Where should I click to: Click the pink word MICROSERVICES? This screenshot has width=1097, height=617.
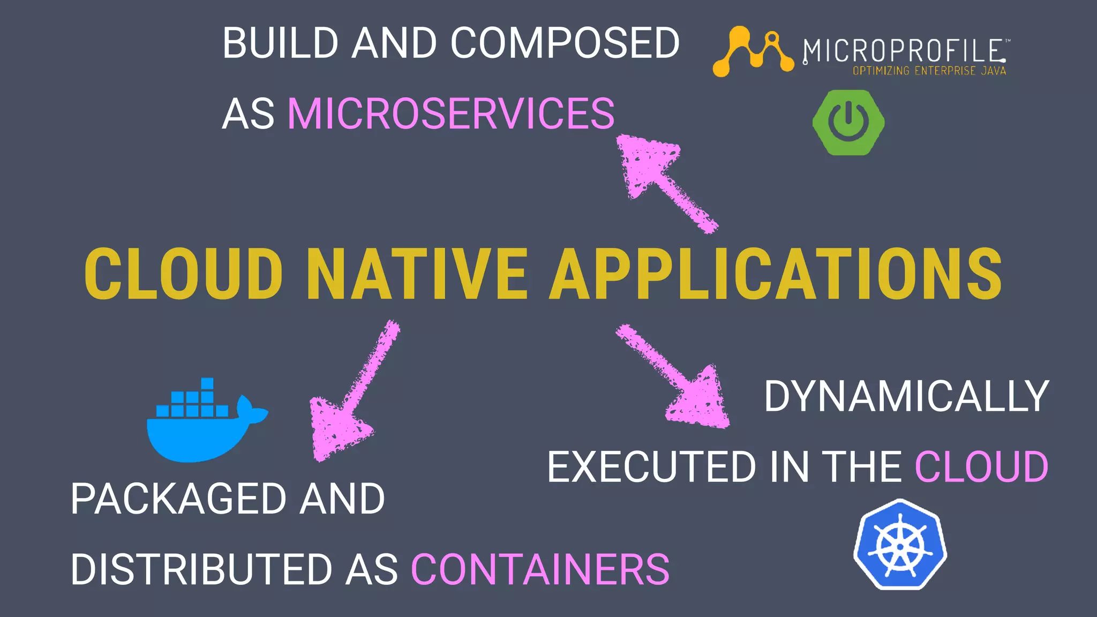pyautogui.click(x=451, y=114)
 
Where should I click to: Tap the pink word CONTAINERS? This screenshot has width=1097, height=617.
pyautogui.click(x=540, y=569)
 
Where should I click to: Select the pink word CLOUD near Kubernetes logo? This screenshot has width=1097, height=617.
pyautogui.click(x=981, y=467)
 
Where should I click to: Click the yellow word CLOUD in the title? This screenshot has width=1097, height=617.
pyautogui.click(x=184, y=274)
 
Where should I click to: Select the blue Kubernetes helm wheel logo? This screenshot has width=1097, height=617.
pyautogui.click(x=900, y=545)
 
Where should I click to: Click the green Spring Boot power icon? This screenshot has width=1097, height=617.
pyautogui.click(x=848, y=123)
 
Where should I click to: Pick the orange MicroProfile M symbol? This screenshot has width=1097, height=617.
pyautogui.click(x=753, y=51)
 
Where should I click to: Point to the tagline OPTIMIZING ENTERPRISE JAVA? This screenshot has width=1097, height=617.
pyautogui.click(x=929, y=71)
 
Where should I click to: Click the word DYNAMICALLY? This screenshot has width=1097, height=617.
pyautogui.click(x=906, y=396)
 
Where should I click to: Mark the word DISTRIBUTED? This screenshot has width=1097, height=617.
pyautogui.click(x=201, y=569)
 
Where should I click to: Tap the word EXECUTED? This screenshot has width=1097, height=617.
pyautogui.click(x=651, y=467)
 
